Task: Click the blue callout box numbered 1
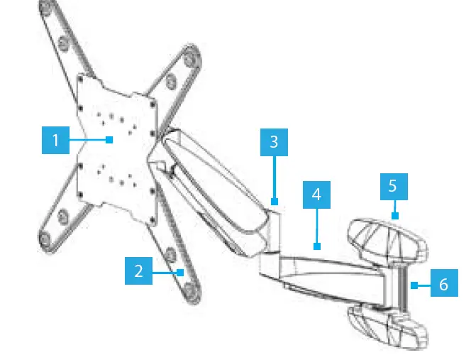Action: (55, 140)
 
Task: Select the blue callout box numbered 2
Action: (138, 271)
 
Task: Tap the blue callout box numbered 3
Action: (274, 142)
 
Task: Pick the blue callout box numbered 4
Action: (316, 193)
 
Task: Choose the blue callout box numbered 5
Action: (394, 186)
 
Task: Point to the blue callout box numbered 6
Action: (443, 285)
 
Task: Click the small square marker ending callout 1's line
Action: (109, 140)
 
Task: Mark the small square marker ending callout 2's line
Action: (182, 271)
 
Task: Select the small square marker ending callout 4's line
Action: (317, 247)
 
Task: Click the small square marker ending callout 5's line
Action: (395, 214)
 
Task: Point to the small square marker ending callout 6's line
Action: (412, 285)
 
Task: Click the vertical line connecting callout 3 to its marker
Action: (274, 178)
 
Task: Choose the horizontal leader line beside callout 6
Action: (422, 285)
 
